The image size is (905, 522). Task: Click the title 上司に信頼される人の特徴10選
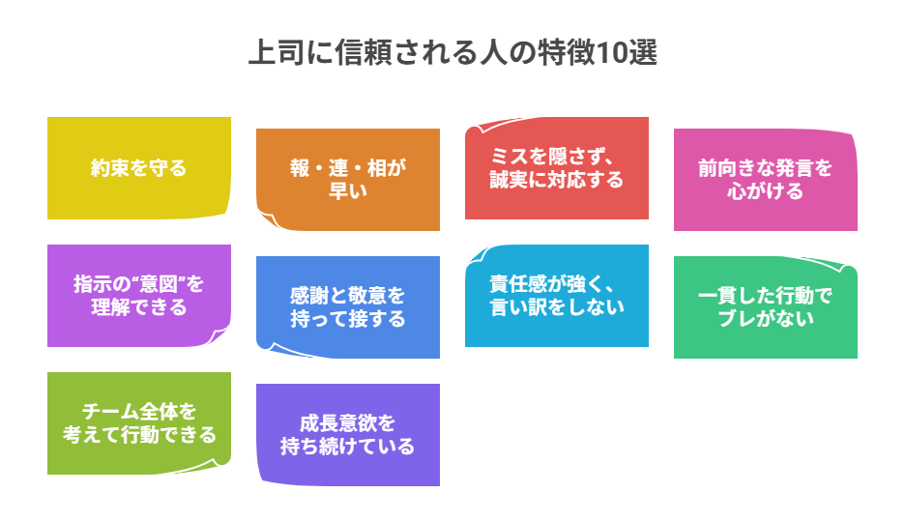452,53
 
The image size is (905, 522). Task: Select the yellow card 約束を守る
138,168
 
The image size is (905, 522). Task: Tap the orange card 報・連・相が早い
347,180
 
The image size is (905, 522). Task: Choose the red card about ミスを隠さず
556,168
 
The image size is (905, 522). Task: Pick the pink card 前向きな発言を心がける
765,180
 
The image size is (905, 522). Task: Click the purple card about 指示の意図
138,296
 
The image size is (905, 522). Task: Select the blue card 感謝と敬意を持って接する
347,307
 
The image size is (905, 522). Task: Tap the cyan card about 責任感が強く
556,296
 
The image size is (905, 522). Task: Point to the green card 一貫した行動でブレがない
765,307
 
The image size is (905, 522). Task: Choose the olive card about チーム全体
138,423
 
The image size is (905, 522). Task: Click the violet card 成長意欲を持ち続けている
347,435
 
